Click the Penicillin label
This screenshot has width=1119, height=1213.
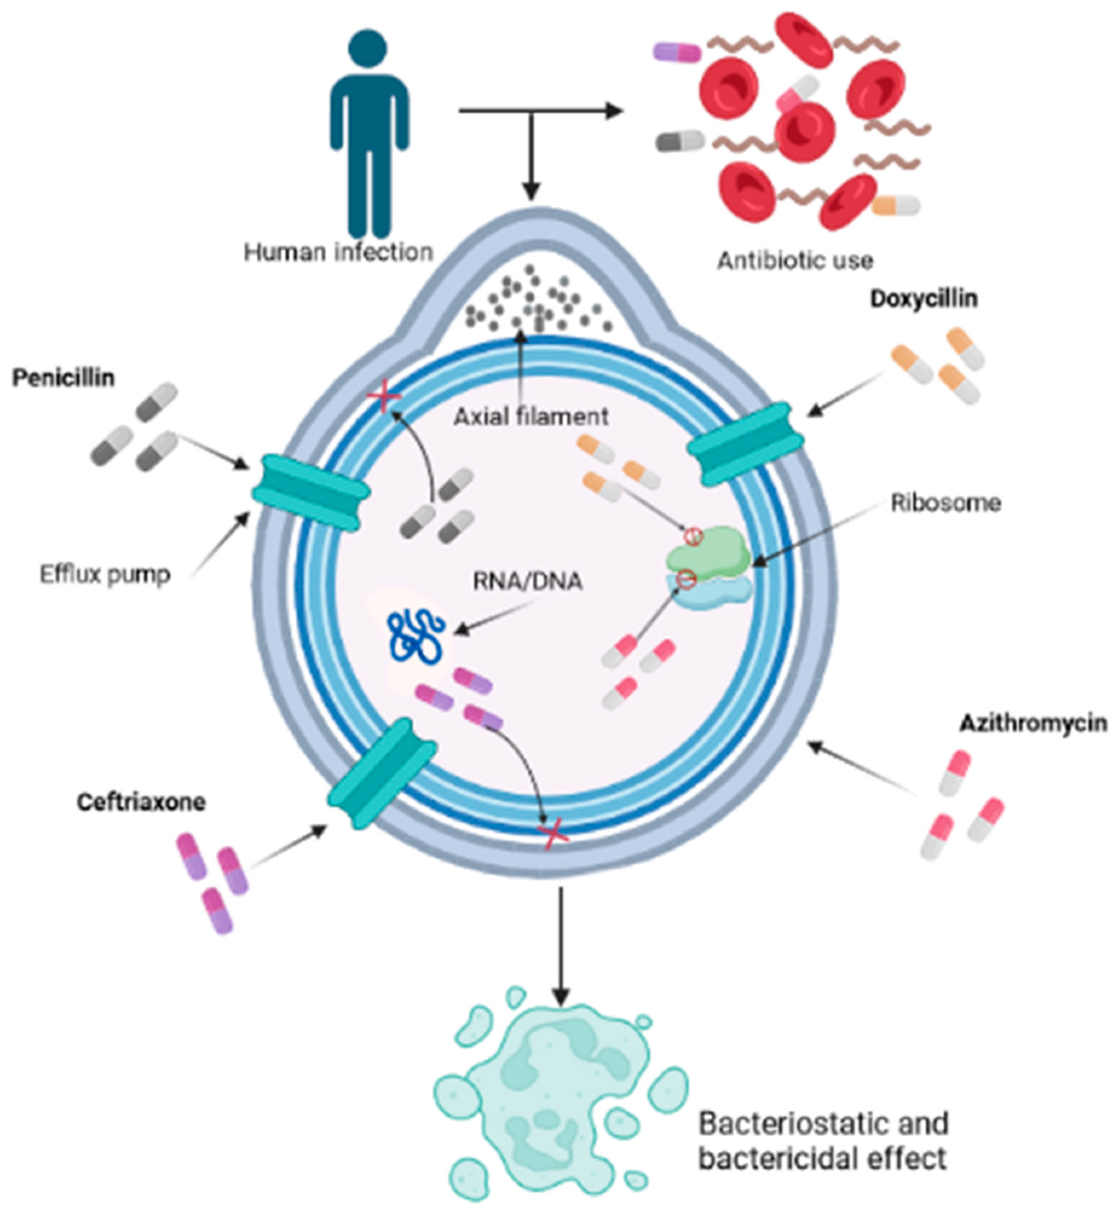(63, 378)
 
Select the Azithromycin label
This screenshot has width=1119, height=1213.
(1033, 723)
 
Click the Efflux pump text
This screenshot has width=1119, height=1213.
(105, 574)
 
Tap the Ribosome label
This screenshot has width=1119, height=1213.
(945, 503)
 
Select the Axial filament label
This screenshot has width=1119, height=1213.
(531, 417)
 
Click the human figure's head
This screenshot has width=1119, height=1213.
(368, 47)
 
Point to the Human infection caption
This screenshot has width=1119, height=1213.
(338, 251)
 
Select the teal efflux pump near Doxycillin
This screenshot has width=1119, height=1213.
(745, 444)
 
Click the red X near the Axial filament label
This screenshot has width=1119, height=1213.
(384, 397)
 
